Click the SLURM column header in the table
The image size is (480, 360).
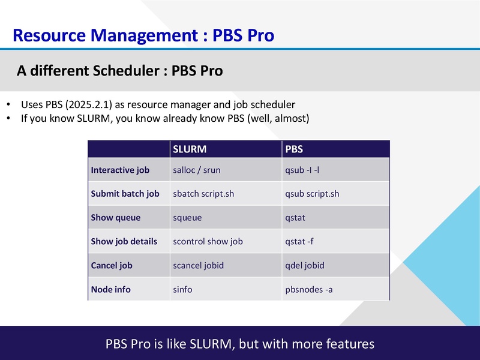190,149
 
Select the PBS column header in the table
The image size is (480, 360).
294,149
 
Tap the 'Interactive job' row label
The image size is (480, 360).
120,170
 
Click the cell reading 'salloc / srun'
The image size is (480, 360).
196,170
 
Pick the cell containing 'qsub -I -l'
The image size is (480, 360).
302,170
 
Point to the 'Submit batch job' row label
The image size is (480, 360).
125,194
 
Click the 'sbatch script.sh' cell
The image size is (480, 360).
203,194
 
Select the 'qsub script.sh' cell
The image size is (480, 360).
312,194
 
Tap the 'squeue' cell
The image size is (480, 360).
187,218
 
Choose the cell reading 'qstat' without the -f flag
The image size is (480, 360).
295,218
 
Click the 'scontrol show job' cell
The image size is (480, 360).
208,241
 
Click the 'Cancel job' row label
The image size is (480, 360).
112,265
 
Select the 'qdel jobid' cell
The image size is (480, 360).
305,265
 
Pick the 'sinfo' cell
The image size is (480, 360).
182,289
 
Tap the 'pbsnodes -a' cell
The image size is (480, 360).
309,289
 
